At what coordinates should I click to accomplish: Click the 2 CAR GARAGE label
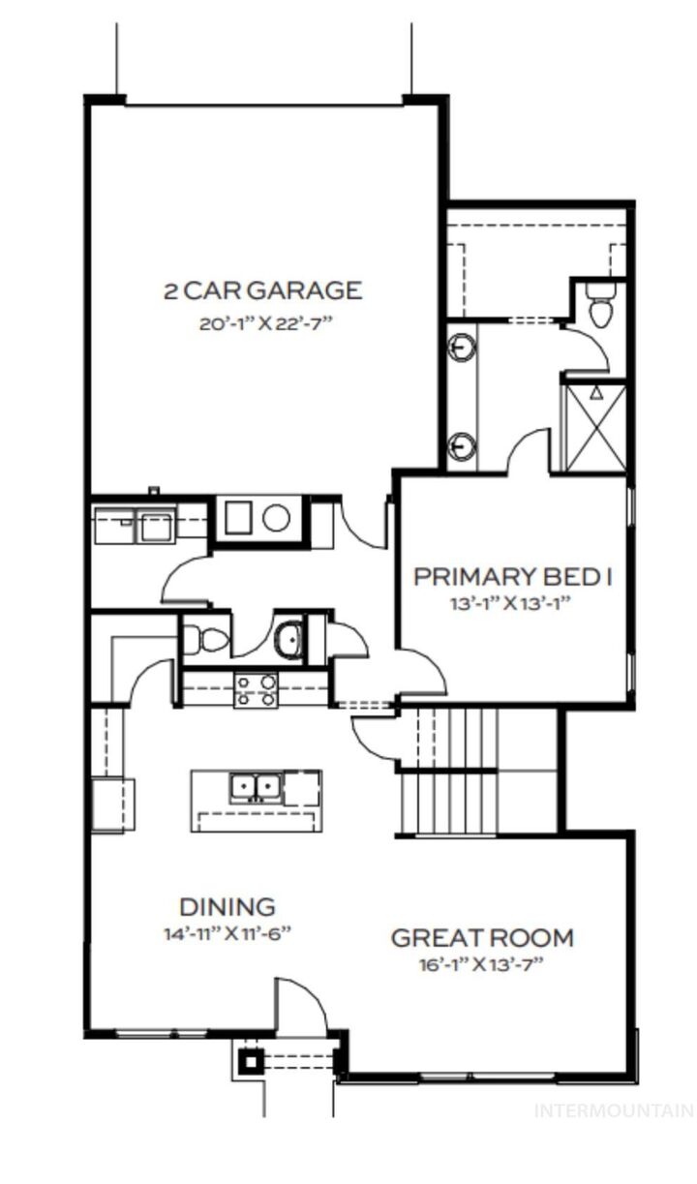click(x=261, y=289)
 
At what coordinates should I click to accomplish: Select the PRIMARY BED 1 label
click(x=513, y=577)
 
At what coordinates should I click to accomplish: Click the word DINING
click(x=227, y=907)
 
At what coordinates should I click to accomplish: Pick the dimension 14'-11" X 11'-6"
click(x=227, y=935)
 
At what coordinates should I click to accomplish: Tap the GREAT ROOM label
click(x=482, y=938)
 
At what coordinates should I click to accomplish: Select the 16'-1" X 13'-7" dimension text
click(x=482, y=965)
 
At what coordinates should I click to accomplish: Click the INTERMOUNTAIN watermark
click(x=614, y=1111)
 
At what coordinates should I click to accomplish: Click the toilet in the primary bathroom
click(x=601, y=309)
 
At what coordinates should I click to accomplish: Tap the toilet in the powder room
click(x=206, y=639)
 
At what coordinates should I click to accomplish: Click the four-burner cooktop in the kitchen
click(x=256, y=689)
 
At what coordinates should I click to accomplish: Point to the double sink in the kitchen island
click(x=256, y=787)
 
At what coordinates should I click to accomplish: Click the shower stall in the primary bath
click(x=594, y=426)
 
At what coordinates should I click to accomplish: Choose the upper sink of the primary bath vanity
click(x=463, y=346)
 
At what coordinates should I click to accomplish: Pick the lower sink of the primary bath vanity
click(x=463, y=446)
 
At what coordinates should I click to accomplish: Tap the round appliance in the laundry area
click(x=277, y=518)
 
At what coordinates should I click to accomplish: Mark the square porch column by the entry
click(x=250, y=1061)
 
